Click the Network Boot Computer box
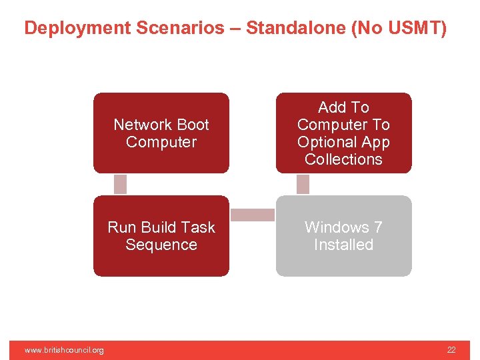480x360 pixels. (x=161, y=133)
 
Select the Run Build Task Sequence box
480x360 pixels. (x=161, y=235)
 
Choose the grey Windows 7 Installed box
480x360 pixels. (x=343, y=235)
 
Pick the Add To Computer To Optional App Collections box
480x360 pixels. (x=343, y=133)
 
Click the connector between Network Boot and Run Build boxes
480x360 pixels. (x=120, y=184)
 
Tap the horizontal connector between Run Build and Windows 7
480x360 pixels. (x=253, y=215)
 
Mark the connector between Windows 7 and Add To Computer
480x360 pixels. (x=303, y=184)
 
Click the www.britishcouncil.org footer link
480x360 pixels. (x=64, y=350)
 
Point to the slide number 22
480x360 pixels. (x=451, y=350)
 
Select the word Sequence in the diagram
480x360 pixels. (x=161, y=245)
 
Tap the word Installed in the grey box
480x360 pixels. (x=343, y=245)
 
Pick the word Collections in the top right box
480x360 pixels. (x=343, y=159)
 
